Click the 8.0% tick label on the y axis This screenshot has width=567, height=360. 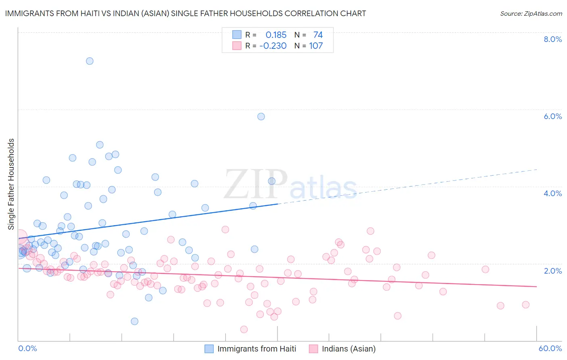pyautogui.click(x=552, y=39)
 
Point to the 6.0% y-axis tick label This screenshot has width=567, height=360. pyautogui.click(x=552, y=116)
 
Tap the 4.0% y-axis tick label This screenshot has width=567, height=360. pyautogui.click(x=552, y=193)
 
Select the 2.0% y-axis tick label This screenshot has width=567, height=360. pyautogui.click(x=552, y=271)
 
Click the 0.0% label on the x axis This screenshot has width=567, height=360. pyautogui.click(x=27, y=348)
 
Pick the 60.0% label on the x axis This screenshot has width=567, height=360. pyautogui.click(x=550, y=348)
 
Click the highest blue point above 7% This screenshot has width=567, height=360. pyautogui.click(x=90, y=61)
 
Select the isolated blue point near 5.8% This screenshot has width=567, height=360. pyautogui.click(x=261, y=117)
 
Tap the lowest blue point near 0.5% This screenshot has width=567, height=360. pyautogui.click(x=135, y=321)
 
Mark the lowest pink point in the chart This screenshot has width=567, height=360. pyautogui.click(x=244, y=329)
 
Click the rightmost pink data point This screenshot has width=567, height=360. pyautogui.click(x=525, y=305)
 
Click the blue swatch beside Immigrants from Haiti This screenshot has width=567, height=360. pyautogui.click(x=209, y=349)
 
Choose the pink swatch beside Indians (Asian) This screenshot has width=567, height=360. pyautogui.click(x=313, y=349)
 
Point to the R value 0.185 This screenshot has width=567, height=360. pyautogui.click(x=276, y=35)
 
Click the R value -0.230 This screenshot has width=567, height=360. pyautogui.click(x=273, y=46)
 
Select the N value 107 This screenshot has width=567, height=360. pyautogui.click(x=316, y=46)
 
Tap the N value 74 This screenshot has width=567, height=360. pyautogui.click(x=318, y=35)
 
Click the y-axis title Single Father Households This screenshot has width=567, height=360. pyautogui.click(x=11, y=184)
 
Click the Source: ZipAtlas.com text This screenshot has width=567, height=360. pyautogui.click(x=531, y=14)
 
